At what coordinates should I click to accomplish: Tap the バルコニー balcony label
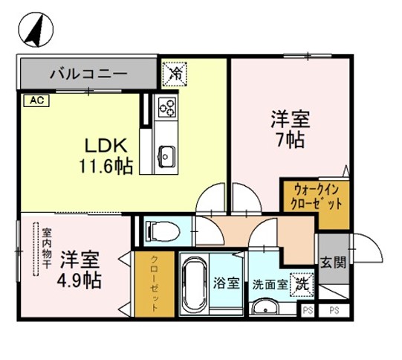(88, 74)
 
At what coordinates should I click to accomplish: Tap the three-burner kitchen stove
(167, 108)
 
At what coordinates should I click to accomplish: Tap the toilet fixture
(157, 231)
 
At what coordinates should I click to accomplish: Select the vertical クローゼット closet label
(155, 285)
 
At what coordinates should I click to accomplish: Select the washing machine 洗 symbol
(303, 283)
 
